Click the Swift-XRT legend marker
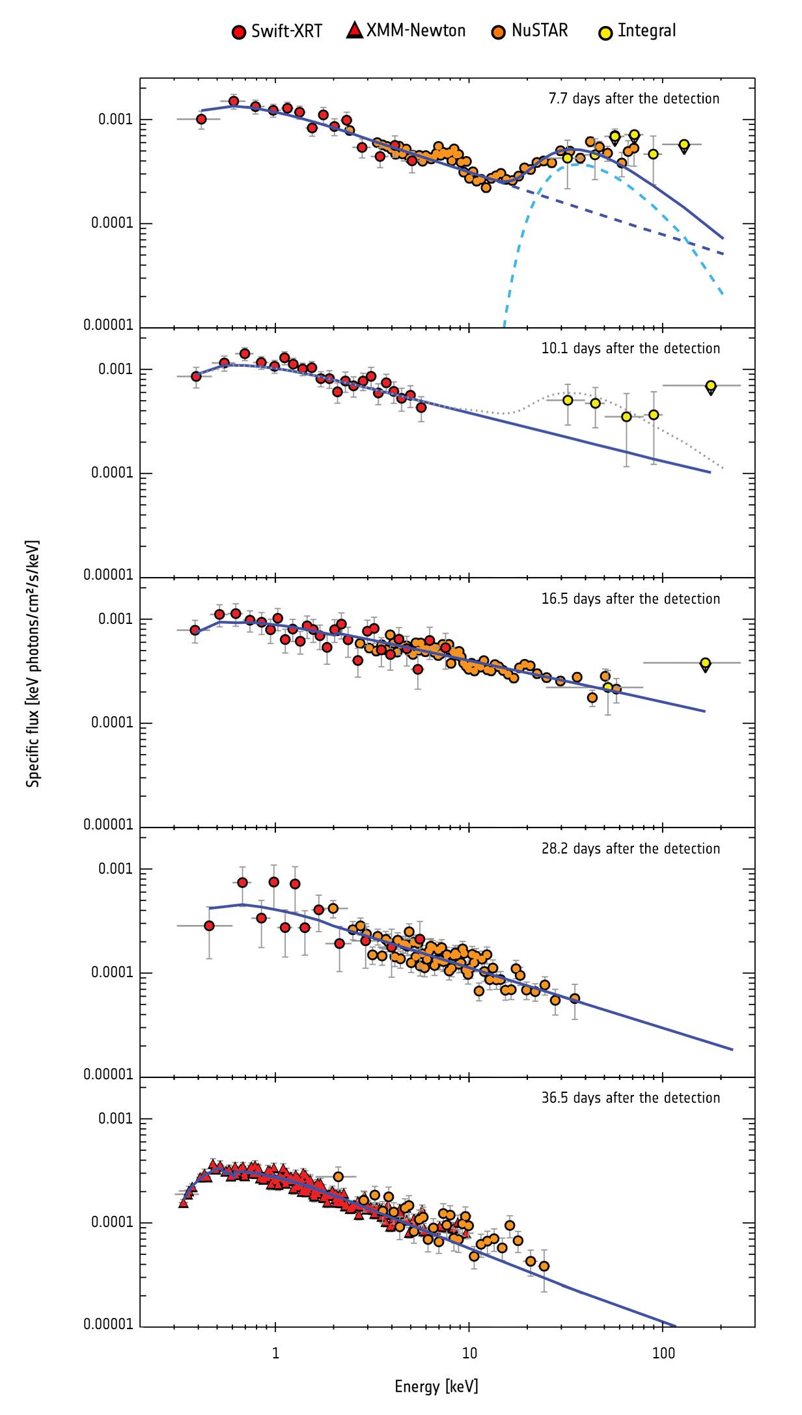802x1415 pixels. point(239,33)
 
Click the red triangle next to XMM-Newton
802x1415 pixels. point(354,30)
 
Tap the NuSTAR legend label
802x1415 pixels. point(539,31)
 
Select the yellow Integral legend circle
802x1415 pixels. point(605,33)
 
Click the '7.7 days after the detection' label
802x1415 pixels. point(633,99)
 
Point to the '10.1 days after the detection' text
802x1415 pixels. point(630,349)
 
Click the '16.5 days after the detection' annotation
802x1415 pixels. point(630,599)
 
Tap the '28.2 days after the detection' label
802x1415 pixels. point(630,849)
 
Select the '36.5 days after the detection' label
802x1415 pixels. point(630,1098)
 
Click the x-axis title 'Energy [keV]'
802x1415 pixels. point(436,1386)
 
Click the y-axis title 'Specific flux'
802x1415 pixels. point(33,664)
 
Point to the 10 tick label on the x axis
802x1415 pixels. point(469,1354)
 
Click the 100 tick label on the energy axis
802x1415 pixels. point(663,1354)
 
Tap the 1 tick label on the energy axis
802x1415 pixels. point(275,1354)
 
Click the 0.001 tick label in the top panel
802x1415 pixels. point(115,120)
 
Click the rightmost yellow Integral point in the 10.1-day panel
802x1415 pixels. point(711,386)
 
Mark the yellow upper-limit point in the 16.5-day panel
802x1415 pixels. point(705,663)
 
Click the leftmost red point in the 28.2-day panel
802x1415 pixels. point(209,926)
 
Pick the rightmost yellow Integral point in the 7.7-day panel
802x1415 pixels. point(684,144)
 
